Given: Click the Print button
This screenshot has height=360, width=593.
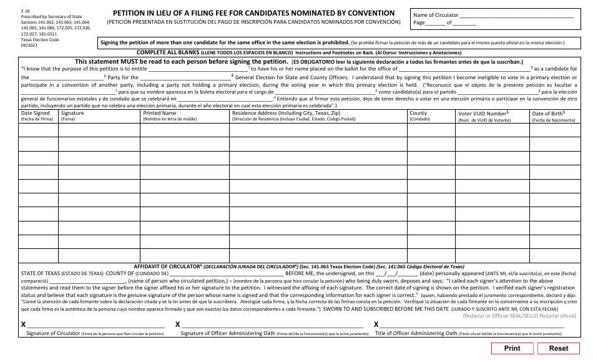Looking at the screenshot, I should [x=512, y=348].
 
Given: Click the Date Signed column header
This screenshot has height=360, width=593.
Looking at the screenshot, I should [x=35, y=113].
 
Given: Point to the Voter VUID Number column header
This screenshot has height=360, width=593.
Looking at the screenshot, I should [x=483, y=114].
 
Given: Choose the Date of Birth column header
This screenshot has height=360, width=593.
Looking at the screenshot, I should [x=549, y=113].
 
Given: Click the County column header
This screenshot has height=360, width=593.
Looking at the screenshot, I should [x=418, y=113].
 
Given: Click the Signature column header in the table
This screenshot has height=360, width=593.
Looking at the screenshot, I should [x=72, y=113].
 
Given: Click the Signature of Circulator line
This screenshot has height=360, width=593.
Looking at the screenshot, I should [x=96, y=325].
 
